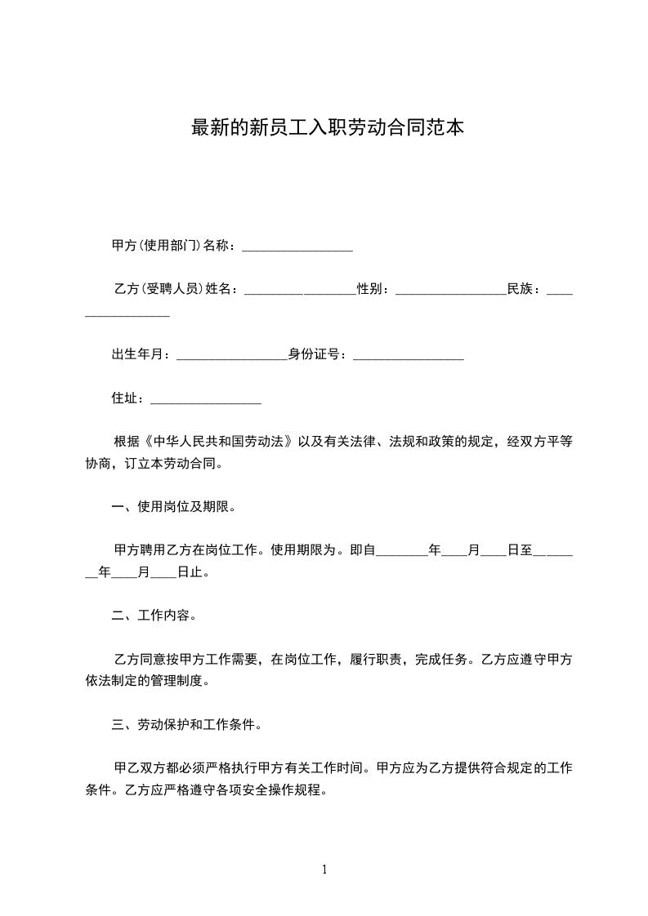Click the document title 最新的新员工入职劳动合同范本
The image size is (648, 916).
point(328,128)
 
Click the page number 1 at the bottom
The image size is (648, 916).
point(324,869)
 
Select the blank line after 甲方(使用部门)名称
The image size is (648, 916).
point(297,246)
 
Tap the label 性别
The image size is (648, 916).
point(373,289)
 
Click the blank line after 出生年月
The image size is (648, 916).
point(231,354)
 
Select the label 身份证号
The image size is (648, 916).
point(317,354)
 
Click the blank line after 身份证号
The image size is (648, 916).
point(409,354)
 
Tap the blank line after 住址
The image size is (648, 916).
point(206,398)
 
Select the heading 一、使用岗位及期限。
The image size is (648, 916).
point(173,507)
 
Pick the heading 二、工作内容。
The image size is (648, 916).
point(154,616)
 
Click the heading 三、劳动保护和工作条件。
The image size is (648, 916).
point(186,724)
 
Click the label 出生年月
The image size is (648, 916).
point(140,354)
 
